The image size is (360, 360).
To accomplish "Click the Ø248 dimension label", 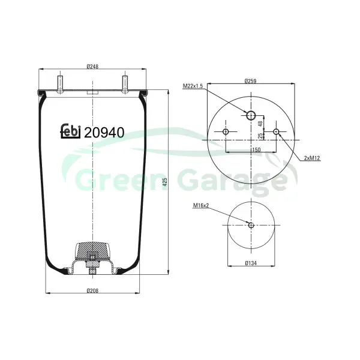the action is click(92, 67).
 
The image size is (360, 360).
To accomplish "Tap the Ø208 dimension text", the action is click(92, 290).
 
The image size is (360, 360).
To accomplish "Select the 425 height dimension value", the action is click(165, 182).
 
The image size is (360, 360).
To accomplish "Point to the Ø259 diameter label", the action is click(250, 81).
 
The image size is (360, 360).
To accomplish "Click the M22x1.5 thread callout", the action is click(193, 86).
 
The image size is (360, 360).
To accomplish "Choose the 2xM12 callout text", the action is click(312, 158).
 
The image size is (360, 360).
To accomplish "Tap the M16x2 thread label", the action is click(201, 205).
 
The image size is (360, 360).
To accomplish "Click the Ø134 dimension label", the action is click(251, 263).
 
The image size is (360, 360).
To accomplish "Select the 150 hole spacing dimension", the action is click(256, 150).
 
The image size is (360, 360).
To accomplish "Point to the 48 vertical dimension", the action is click(260, 124).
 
